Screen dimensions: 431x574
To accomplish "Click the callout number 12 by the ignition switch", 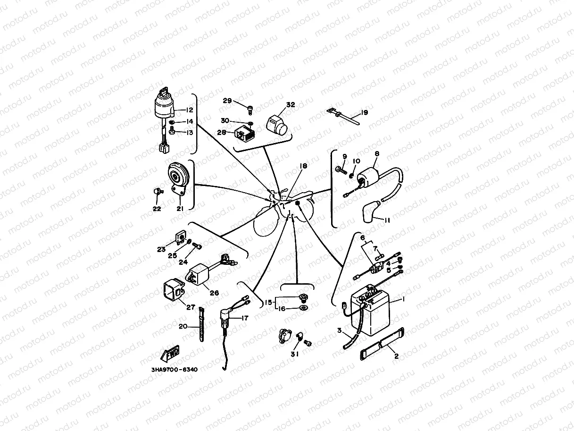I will [x=189, y=110].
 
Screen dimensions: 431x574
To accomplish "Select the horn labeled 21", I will [x=178, y=176].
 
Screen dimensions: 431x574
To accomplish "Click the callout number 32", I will [x=291, y=105].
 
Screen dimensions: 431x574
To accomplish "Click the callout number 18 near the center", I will [x=303, y=166].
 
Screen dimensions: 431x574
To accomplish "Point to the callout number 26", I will [x=214, y=293].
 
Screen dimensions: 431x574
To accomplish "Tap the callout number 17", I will [x=244, y=318].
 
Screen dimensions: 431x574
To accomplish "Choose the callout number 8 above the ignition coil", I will [x=377, y=154].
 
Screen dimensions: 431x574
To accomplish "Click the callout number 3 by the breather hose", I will [x=339, y=330].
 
